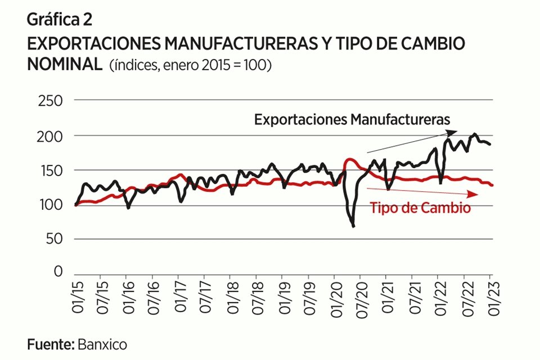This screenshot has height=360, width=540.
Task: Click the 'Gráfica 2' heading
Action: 60,20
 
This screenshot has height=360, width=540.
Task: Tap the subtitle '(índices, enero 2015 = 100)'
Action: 191,65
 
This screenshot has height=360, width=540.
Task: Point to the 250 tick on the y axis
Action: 50,101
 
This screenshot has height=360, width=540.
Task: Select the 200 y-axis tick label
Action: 50,136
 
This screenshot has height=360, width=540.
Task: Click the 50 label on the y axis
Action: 55,239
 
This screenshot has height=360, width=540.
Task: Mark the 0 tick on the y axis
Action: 58,272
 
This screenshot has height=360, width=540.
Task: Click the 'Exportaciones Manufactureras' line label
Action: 353,120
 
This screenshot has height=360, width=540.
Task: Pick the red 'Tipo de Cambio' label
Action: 420,208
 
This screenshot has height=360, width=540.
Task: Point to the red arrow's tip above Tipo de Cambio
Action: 478,194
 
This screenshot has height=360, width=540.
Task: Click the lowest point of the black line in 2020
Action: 353,226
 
